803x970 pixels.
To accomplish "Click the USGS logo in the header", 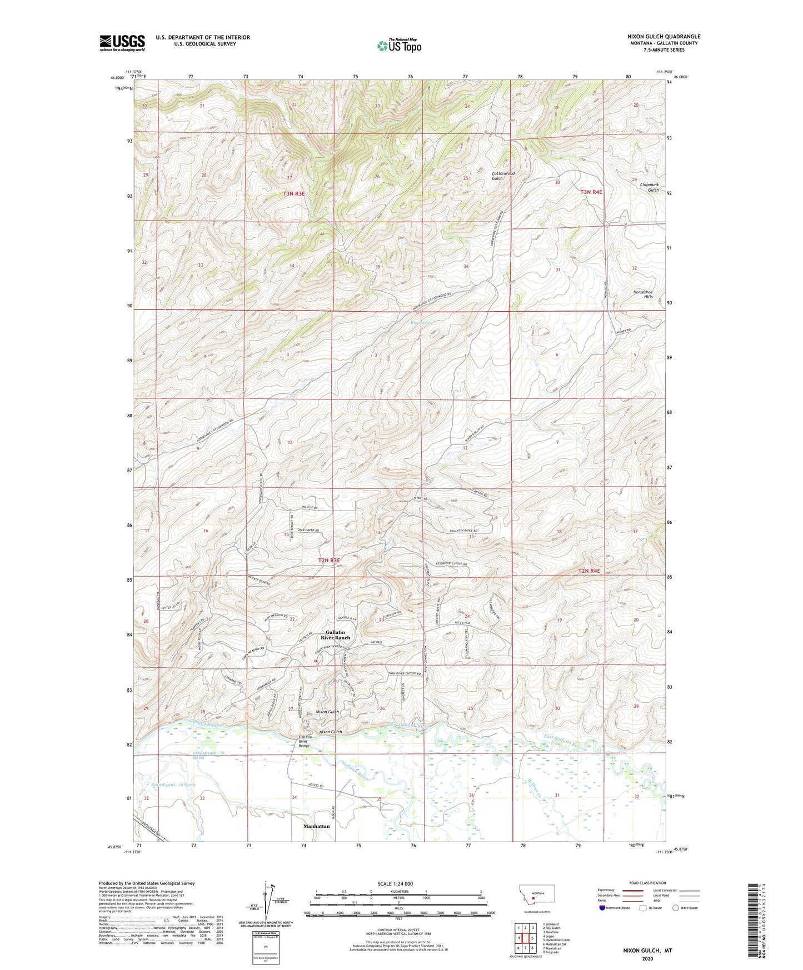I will click(x=122, y=42).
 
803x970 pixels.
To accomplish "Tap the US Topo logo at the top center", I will click(x=399, y=46).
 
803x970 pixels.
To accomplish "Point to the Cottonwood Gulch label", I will click(x=503, y=176).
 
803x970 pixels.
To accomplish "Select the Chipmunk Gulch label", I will click(x=649, y=187).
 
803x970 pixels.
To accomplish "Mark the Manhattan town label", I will click(x=316, y=826).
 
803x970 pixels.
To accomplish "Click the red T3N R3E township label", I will click(x=294, y=194).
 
